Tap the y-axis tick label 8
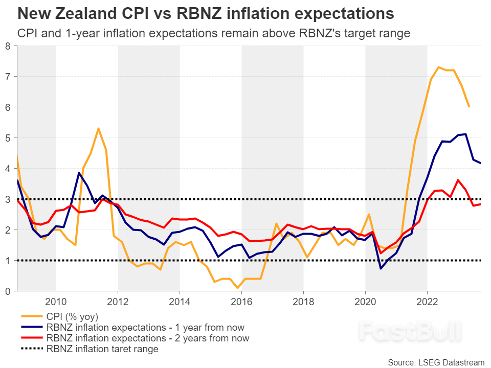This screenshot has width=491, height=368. click(8, 46)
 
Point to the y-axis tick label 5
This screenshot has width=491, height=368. click(8, 138)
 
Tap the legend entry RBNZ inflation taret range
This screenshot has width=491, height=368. click(102, 350)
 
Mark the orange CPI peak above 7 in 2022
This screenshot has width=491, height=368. click(438, 67)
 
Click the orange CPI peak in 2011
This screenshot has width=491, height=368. click(98, 128)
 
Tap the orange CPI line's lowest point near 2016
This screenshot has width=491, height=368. click(238, 288)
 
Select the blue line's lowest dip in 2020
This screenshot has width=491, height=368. click(381, 268)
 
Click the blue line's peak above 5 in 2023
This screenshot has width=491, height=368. click(465, 134)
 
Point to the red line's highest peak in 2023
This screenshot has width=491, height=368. click(458, 180)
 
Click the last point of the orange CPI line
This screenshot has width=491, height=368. click(469, 107)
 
